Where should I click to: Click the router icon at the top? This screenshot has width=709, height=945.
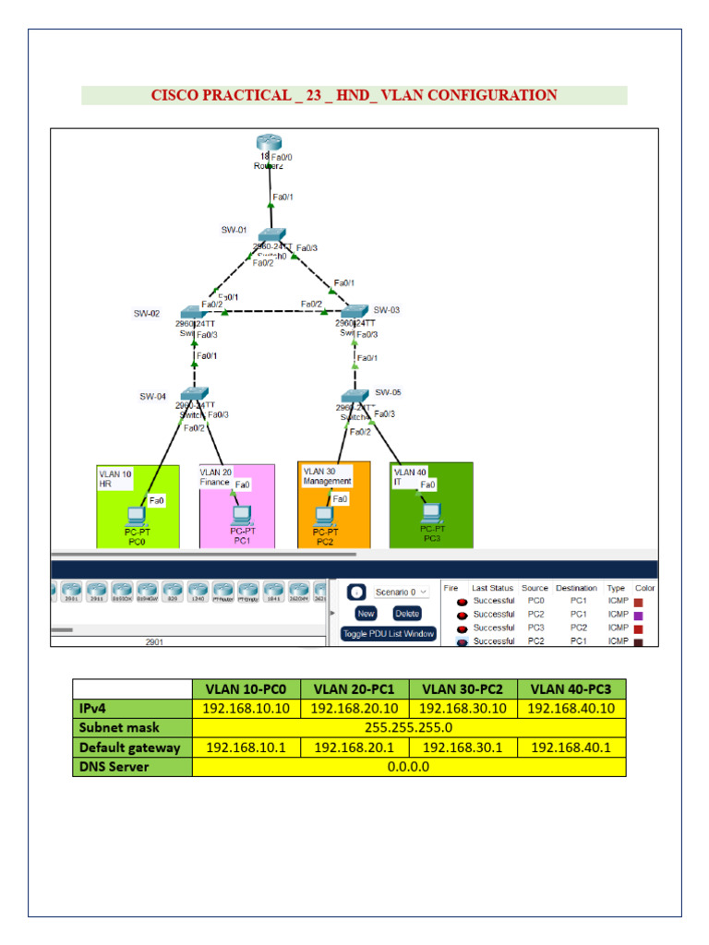tap(268, 144)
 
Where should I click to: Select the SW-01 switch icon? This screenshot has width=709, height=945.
tap(272, 234)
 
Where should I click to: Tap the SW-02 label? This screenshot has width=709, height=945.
tap(147, 314)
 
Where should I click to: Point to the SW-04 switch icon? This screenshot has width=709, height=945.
tap(195, 394)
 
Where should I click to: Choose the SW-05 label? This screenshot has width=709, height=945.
tap(388, 392)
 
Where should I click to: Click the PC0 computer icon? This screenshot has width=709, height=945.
tap(136, 516)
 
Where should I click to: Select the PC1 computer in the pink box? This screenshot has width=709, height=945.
tap(242, 514)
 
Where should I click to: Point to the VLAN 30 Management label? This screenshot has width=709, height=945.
tap(327, 476)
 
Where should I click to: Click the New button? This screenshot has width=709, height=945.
tap(366, 613)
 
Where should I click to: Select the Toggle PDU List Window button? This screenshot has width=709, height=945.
tap(388, 634)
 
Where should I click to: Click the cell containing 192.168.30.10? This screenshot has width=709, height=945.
tap(463, 708)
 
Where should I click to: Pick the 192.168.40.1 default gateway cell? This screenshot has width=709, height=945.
tap(571, 748)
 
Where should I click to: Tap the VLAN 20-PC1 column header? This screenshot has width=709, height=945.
tap(354, 688)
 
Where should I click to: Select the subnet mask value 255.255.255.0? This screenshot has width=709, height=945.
tap(409, 728)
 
